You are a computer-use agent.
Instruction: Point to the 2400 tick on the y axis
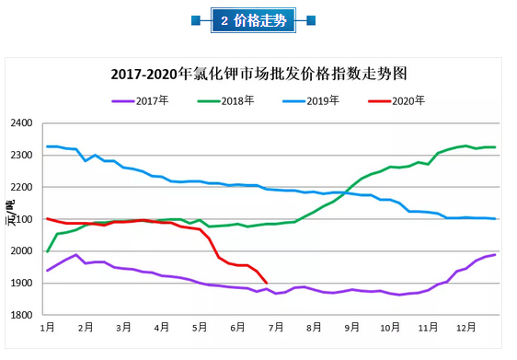[21, 123]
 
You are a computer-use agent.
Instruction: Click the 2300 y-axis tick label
[21, 156]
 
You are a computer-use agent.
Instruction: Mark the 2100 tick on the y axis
[21, 219]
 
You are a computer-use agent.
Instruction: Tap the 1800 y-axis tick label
[21, 315]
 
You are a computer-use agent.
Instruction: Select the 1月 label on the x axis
[47, 327]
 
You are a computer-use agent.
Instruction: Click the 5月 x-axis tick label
[200, 327]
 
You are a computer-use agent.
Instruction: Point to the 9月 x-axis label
[351, 327]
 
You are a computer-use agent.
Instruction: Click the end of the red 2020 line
[267, 283]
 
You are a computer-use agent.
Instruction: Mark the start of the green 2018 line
[48, 250]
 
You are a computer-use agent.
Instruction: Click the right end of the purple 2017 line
[496, 254]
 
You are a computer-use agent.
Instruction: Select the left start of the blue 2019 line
[48, 146]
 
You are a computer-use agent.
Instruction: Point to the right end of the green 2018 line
[496, 147]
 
